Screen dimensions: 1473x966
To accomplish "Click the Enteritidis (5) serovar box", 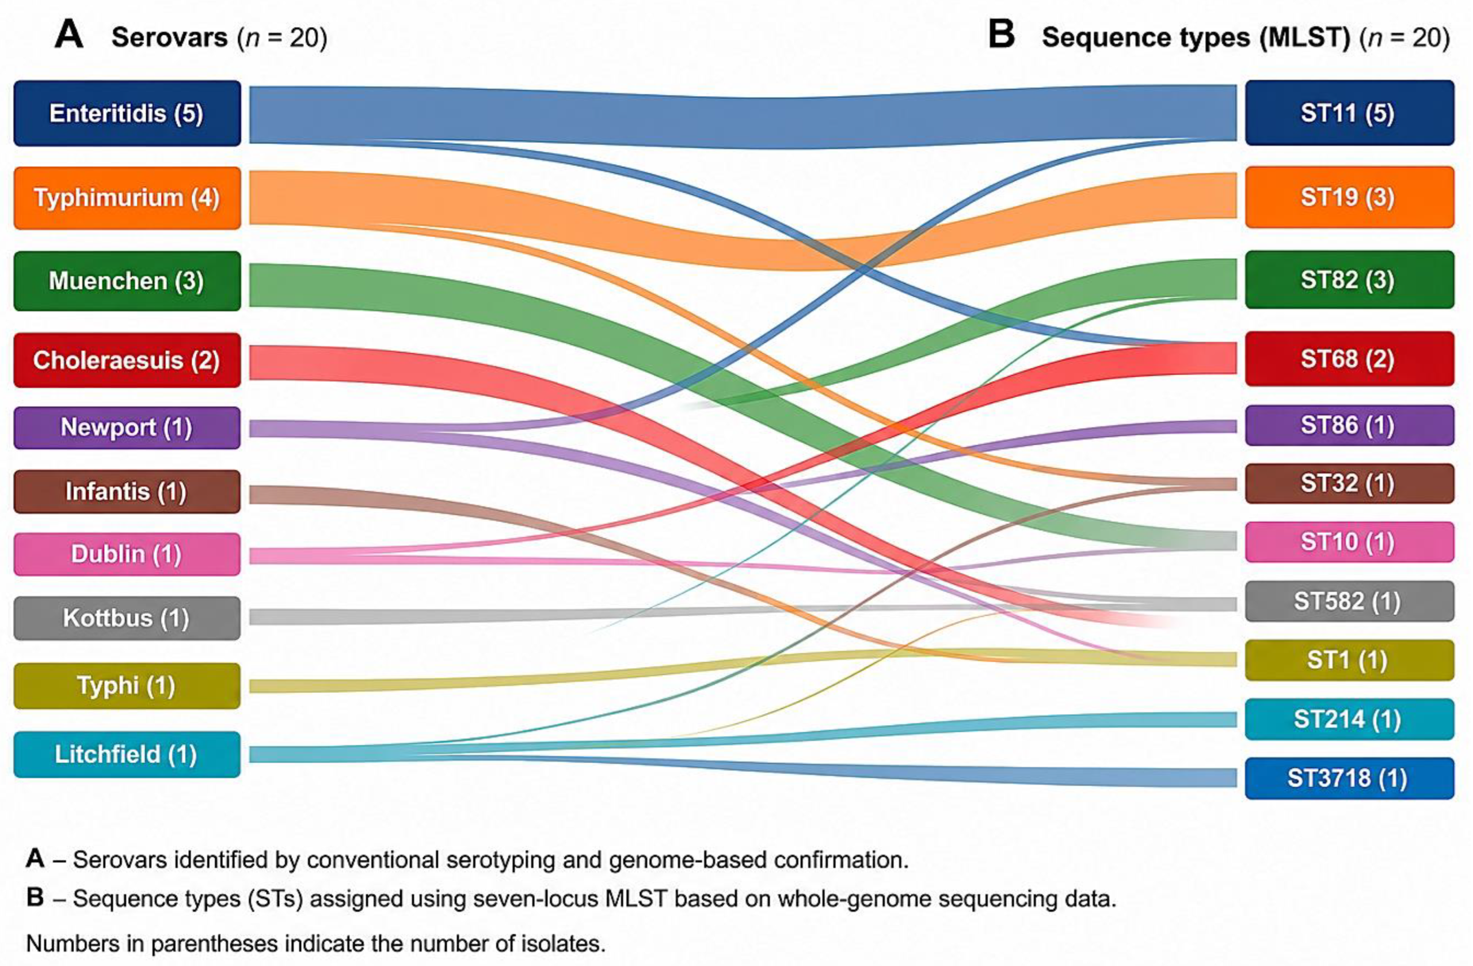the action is pyautogui.click(x=127, y=113).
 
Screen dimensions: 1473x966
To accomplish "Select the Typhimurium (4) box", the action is pyautogui.click(x=127, y=198).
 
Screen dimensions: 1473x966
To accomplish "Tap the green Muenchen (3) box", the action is pyautogui.click(x=127, y=281).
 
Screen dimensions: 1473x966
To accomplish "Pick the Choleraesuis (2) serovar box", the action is pyautogui.click(x=127, y=361).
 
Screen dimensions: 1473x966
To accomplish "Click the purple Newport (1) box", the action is pyautogui.click(x=127, y=428).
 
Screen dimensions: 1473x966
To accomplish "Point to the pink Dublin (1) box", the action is pyautogui.click(x=127, y=554).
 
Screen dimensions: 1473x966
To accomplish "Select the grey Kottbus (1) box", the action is pyautogui.click(x=127, y=618).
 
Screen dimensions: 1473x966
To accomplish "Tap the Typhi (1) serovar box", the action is pyautogui.click(x=127, y=686).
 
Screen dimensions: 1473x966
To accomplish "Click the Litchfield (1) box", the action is pyautogui.click(x=127, y=755).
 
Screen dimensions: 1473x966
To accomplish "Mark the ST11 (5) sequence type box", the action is pyautogui.click(x=1349, y=113).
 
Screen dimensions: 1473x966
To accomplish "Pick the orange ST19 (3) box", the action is pyautogui.click(x=1349, y=197).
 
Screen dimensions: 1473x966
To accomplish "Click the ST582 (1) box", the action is pyautogui.click(x=1349, y=601).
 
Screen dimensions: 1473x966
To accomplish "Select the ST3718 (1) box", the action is pyautogui.click(x=1349, y=778).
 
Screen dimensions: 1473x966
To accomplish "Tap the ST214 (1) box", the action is pyautogui.click(x=1349, y=719).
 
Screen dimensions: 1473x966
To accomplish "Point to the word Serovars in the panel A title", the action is pyautogui.click(x=170, y=38).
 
